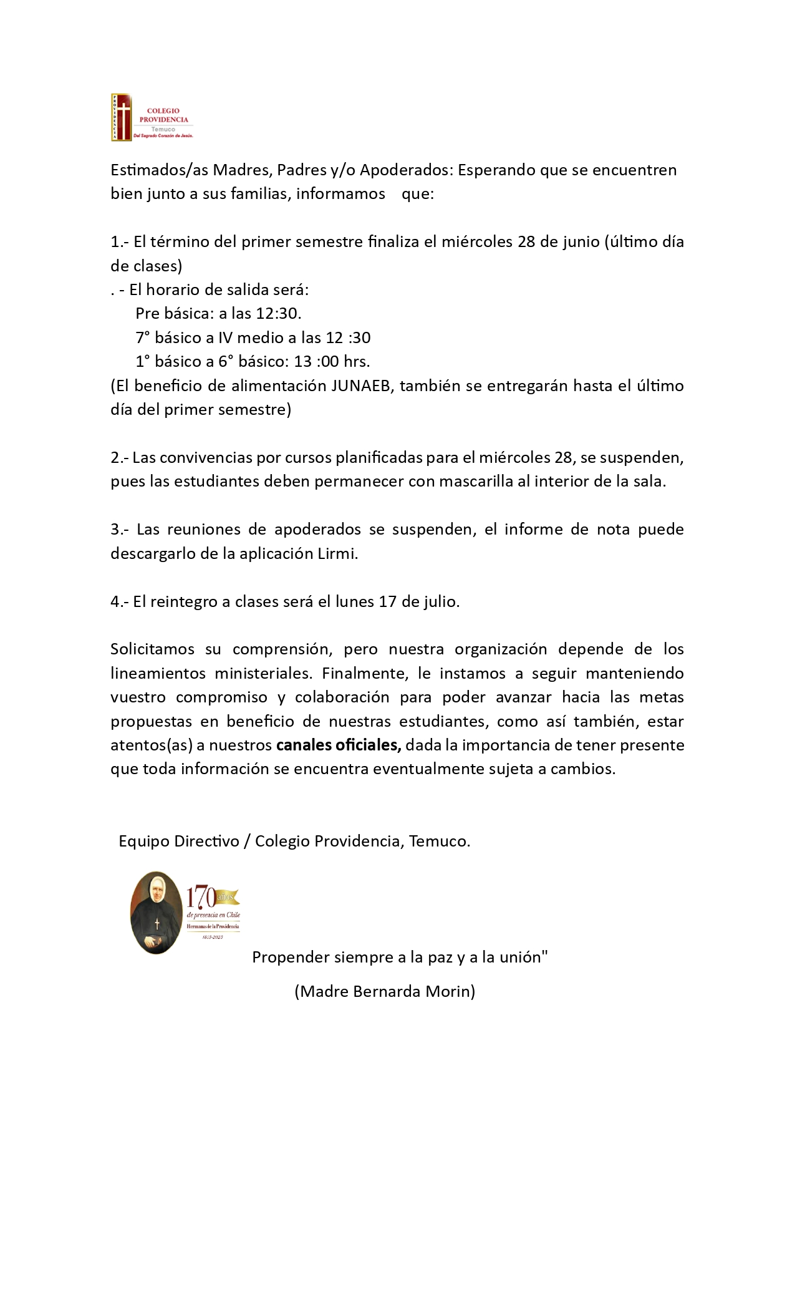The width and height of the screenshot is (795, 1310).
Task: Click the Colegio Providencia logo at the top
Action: tap(152, 117)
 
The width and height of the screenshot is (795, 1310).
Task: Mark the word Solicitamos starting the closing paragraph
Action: tap(153, 649)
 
